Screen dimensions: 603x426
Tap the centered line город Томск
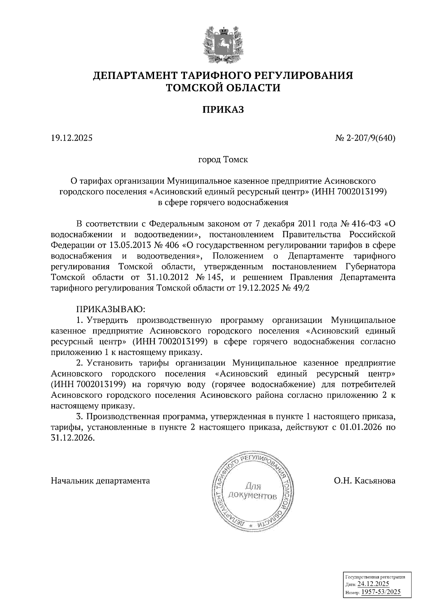click(x=223, y=159)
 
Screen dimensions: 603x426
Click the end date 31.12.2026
click(x=73, y=438)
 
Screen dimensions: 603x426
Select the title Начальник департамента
click(x=100, y=481)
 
